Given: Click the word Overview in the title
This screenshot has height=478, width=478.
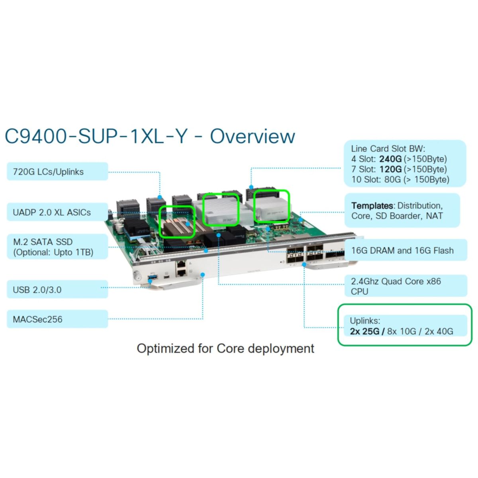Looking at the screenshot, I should [252, 136].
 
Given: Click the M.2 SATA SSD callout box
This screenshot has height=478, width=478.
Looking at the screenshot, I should [57, 247].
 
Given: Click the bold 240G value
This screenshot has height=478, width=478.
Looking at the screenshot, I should [390, 159].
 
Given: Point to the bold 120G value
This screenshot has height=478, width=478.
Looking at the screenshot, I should [390, 169].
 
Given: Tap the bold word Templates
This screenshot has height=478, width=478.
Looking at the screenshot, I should [372, 206].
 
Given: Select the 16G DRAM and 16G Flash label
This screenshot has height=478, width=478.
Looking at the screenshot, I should [402, 251].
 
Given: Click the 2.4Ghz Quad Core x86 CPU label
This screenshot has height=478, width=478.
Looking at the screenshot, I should [396, 286].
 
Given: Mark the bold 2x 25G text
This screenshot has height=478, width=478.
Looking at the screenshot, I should [364, 331].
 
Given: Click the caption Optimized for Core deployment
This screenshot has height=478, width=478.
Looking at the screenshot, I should [225, 349].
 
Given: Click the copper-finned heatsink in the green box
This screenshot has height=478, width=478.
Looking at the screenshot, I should [177, 222].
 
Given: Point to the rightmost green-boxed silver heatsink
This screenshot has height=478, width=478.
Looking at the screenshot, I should [271, 206].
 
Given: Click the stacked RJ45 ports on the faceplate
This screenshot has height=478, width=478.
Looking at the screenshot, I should [181, 268].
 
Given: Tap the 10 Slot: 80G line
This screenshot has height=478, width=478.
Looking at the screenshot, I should [400, 180].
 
